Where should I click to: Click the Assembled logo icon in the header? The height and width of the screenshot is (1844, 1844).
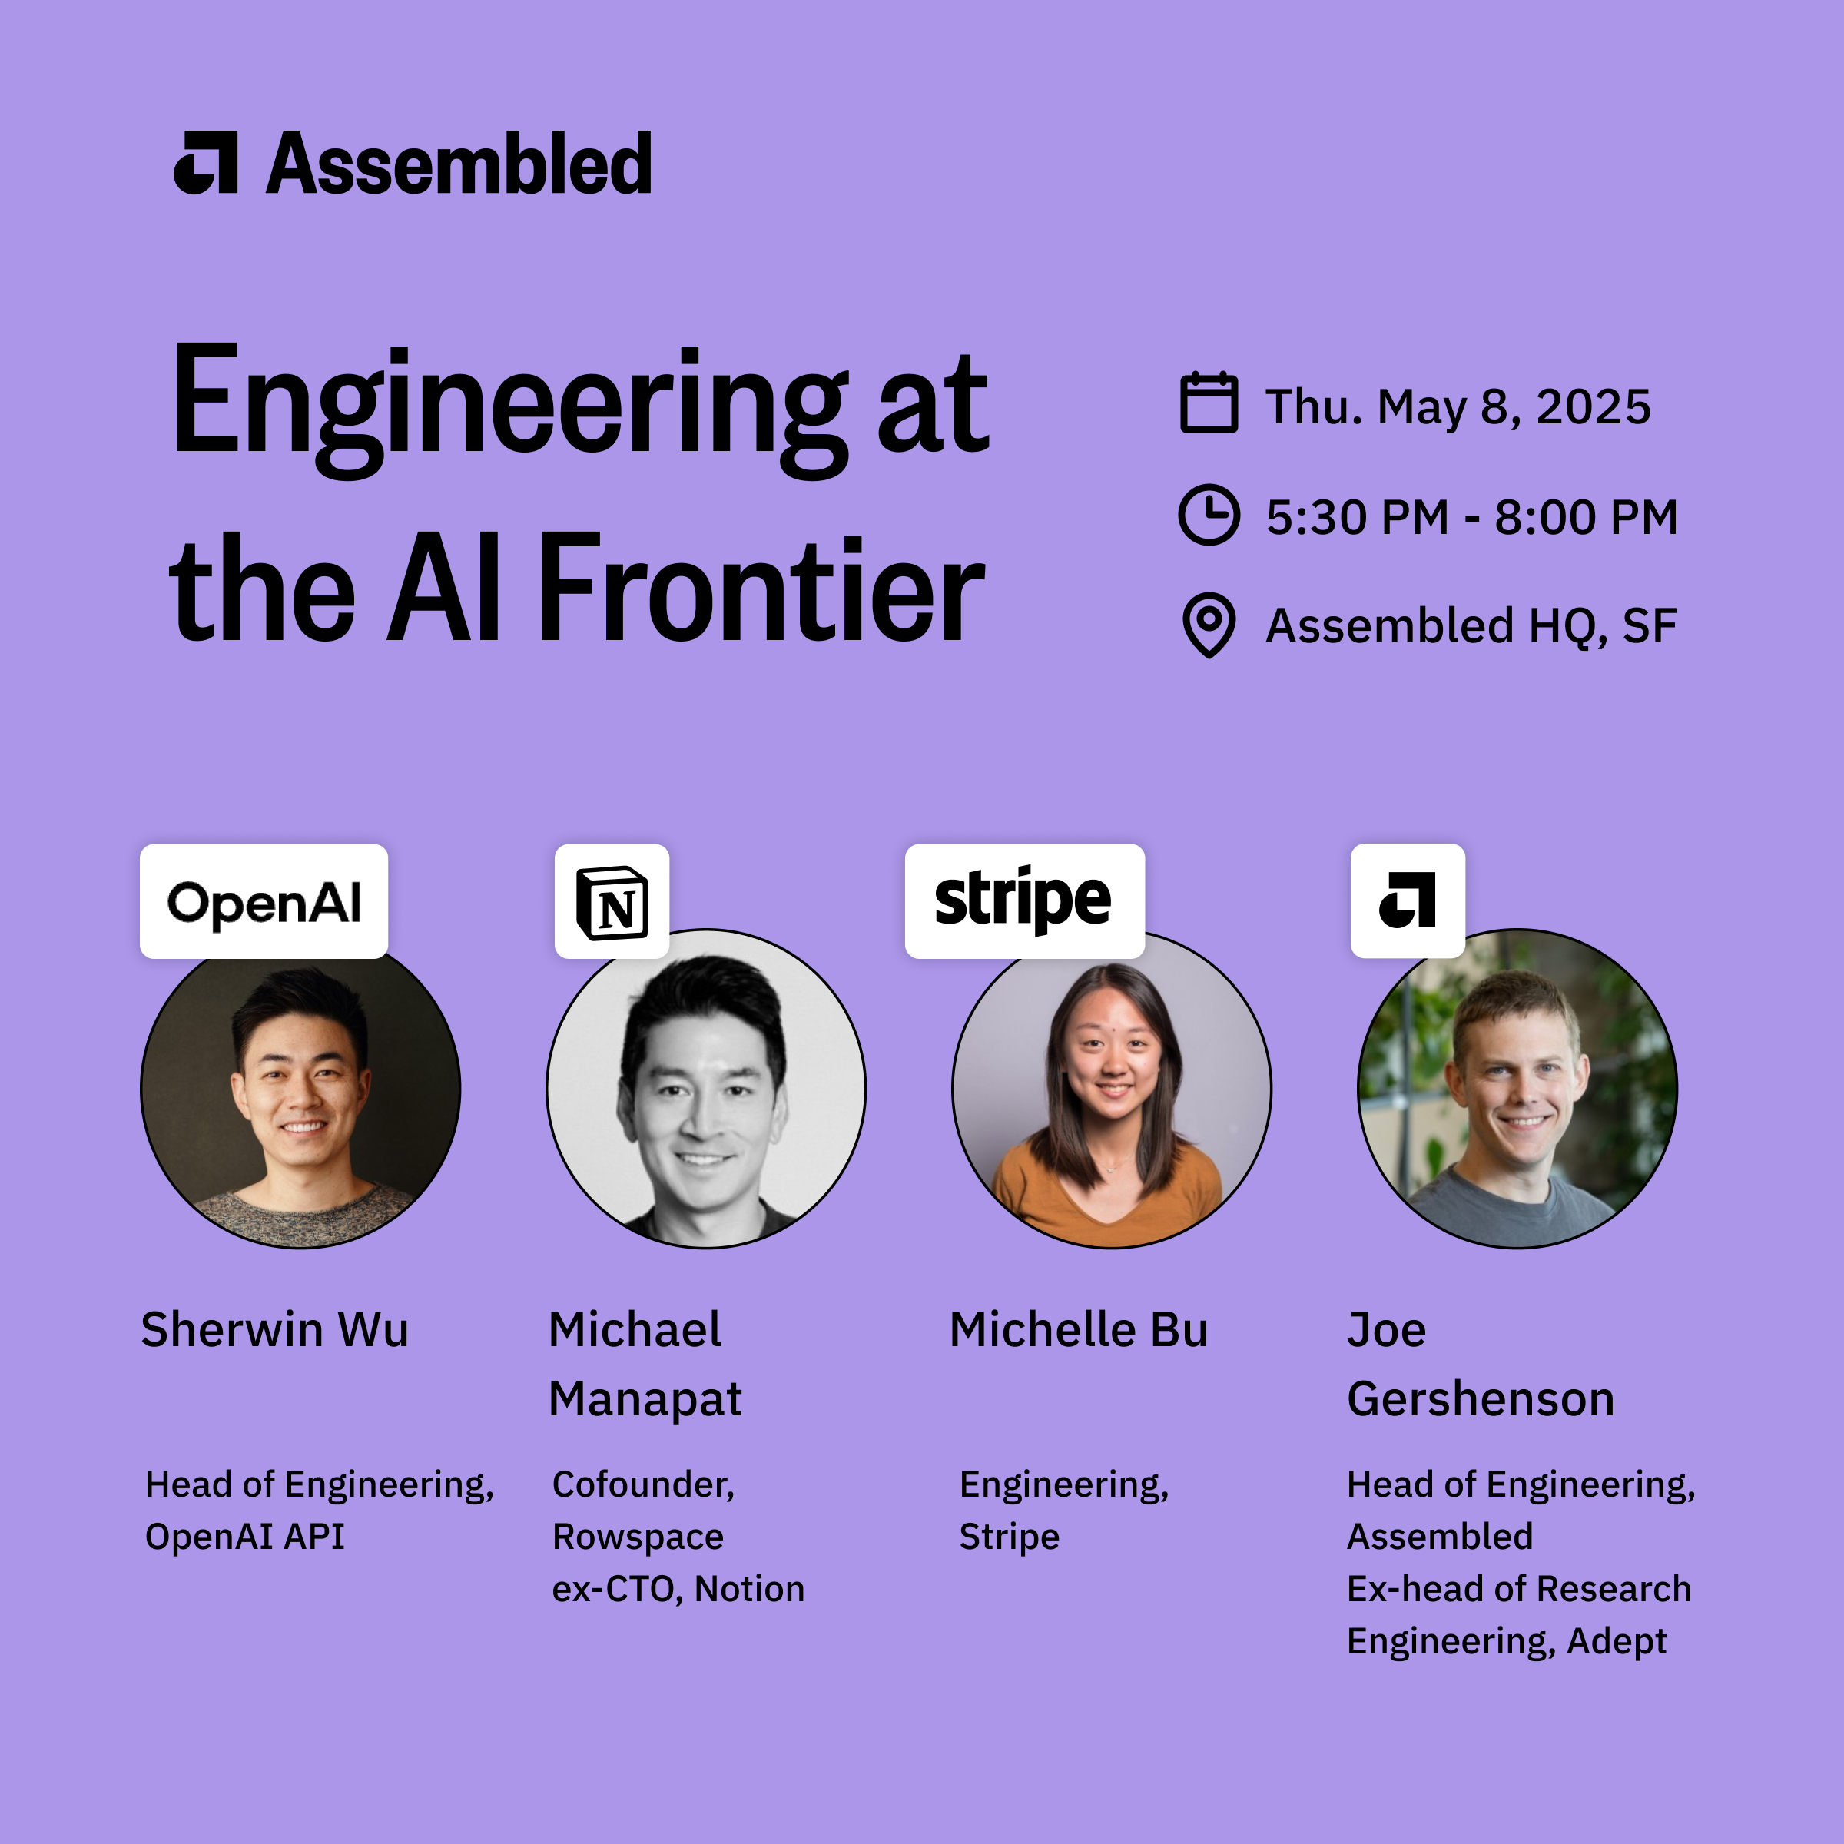[x=205, y=162]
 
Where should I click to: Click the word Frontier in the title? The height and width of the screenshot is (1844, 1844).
[x=761, y=588]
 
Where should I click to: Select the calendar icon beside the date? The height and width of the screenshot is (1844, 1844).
[x=1209, y=403]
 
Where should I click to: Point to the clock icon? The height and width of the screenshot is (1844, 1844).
[x=1209, y=516]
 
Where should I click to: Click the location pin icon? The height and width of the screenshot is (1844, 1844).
[x=1209, y=626]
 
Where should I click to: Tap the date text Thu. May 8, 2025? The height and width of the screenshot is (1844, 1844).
[x=1458, y=407]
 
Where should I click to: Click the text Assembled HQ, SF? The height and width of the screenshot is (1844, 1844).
[x=1471, y=627]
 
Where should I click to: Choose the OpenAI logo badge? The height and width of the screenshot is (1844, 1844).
[x=264, y=901]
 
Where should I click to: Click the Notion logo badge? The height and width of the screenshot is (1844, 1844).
[x=612, y=901]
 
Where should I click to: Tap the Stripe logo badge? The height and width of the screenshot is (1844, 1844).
[x=1024, y=901]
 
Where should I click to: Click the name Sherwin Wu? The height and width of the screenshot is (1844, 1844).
[x=275, y=1329]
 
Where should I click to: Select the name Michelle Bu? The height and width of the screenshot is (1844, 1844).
[x=1079, y=1329]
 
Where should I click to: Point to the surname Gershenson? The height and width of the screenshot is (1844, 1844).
[x=1481, y=1399]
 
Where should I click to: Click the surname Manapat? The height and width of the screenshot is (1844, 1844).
[x=645, y=1400]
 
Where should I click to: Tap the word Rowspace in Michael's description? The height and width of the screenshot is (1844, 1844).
[x=638, y=1537]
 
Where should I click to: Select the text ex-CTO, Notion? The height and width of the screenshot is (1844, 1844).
[x=678, y=1589]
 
